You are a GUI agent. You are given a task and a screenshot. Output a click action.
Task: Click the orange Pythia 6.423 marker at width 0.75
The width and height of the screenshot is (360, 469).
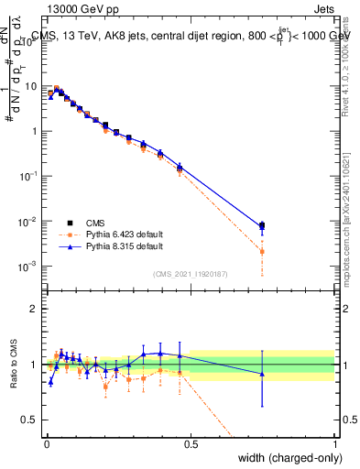[263, 251]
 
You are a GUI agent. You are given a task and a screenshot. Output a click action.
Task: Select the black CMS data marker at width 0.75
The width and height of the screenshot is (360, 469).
[263, 225]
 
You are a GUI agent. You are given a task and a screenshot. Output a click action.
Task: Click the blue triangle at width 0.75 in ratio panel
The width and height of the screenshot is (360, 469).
[263, 374]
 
